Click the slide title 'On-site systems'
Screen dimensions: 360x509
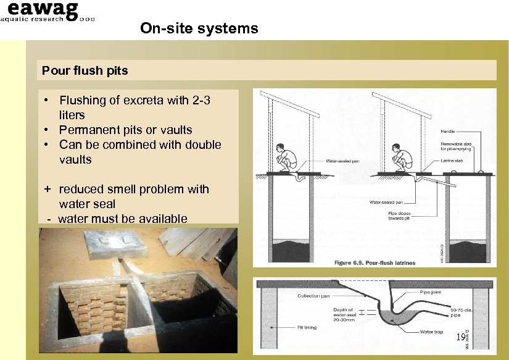coord(199,28)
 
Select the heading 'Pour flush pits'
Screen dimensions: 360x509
coord(85,70)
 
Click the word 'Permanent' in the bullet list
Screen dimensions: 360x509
coord(86,130)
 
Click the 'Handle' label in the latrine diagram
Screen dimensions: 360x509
coord(448,132)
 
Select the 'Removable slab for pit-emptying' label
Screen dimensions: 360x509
coord(456,146)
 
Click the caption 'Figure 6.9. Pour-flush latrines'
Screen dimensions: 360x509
coord(375,263)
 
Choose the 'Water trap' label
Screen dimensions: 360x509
coord(432,332)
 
